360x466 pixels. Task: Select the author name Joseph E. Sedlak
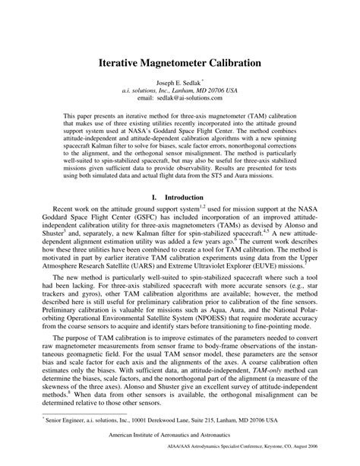point(178,82)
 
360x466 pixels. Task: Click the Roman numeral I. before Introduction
point(154,195)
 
